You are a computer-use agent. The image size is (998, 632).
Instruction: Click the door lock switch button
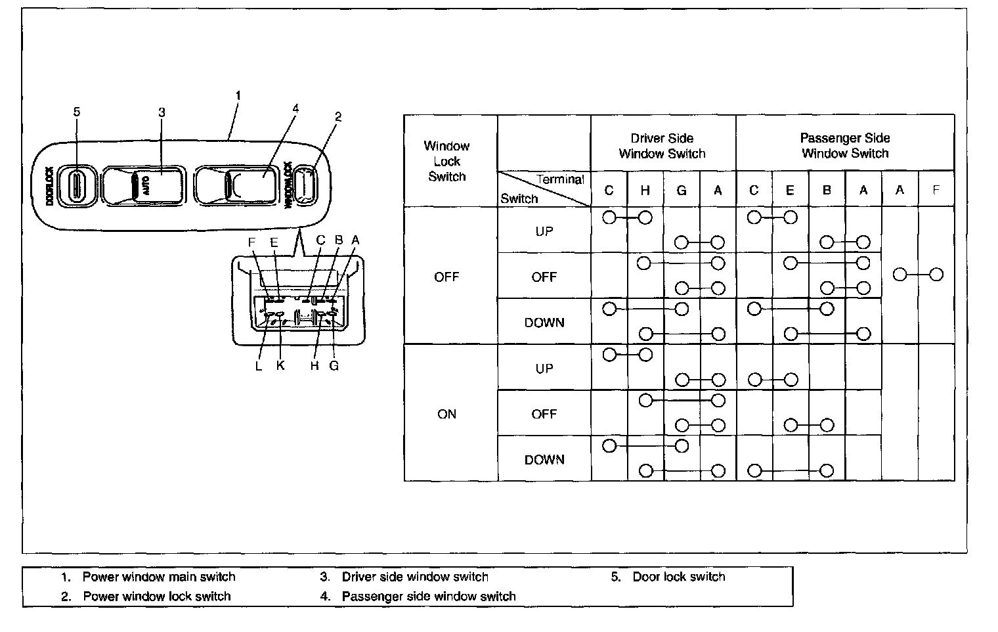pos(77,183)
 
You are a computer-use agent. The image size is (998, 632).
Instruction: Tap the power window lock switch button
pos(304,184)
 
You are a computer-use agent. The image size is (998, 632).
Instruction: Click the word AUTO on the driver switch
pos(145,184)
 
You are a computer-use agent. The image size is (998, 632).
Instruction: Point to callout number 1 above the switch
pos(238,96)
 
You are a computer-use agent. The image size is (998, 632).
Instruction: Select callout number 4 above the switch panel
pos(295,108)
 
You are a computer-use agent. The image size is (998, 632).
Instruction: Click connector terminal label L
pos(259,366)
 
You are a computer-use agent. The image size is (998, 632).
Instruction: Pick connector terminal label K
pos(280,366)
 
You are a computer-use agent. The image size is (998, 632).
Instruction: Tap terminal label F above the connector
pos(251,242)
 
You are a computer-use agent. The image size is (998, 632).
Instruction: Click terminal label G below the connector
pos(334,366)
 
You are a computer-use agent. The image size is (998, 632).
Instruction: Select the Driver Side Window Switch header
pos(662,146)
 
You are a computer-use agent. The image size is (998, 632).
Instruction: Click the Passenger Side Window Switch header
pos(844,145)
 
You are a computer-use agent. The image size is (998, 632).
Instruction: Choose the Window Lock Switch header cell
pos(446,161)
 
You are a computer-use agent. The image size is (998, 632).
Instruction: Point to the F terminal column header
pos(936,190)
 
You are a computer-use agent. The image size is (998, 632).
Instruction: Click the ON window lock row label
pos(446,414)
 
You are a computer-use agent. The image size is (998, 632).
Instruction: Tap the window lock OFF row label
pos(446,277)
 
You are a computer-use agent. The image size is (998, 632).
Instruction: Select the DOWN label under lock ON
pos(544,460)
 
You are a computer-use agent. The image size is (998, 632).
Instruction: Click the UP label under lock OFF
pos(544,231)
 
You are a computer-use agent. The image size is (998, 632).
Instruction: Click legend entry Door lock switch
pos(678,577)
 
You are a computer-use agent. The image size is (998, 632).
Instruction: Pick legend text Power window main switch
pos(158,577)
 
